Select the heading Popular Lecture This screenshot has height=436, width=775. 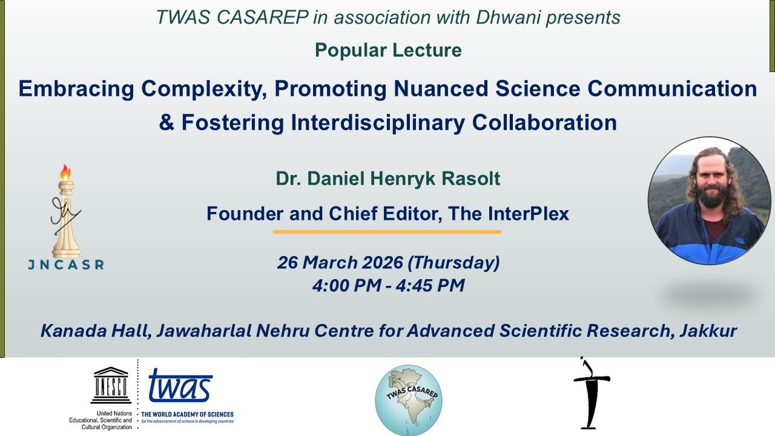coord(388,50)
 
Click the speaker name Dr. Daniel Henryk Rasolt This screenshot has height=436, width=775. coord(388,179)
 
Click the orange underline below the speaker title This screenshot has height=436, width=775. coord(387,231)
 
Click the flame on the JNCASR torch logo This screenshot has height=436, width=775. coord(65,173)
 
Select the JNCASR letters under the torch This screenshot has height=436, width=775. coord(65,265)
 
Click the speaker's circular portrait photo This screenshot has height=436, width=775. coord(709,200)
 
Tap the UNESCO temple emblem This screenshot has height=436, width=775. coord(110,385)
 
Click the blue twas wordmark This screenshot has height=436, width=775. coord(180,386)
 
